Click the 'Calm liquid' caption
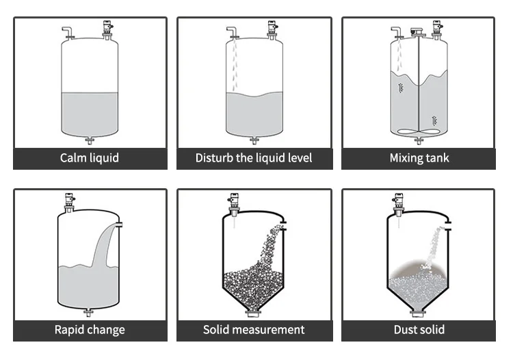[x=90, y=158]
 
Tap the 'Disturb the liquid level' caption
[x=254, y=158]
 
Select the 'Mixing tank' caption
[x=418, y=158]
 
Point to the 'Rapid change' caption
[x=90, y=330]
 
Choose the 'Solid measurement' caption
[x=254, y=330]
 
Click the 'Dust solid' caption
[x=418, y=330]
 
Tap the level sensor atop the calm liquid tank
[x=107, y=29]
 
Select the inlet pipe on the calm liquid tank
[x=67, y=31]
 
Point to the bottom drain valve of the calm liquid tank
[x=90, y=141]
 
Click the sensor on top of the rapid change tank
[x=69, y=202]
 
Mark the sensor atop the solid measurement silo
[x=233, y=203]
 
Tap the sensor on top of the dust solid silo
[x=397, y=203]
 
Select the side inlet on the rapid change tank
[x=119, y=224]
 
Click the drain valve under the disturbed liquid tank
[x=254, y=141]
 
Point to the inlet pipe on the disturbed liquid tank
[x=232, y=31]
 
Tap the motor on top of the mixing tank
[x=417, y=31]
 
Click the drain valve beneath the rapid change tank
[x=90, y=313]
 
